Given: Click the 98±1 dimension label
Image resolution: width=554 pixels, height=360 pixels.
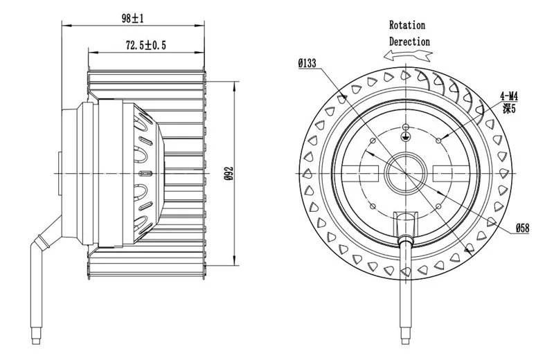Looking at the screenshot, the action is point(132,19).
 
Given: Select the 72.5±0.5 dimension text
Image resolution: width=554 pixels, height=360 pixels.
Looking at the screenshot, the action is point(145,45).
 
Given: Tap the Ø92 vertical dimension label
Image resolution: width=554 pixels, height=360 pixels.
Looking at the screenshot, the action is point(229,174).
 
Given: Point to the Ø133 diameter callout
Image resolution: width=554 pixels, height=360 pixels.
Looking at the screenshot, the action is point(307,63).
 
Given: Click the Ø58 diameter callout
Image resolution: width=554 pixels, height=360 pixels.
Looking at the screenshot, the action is point(522,228).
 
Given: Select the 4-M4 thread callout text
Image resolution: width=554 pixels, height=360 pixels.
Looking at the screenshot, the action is point(509,96).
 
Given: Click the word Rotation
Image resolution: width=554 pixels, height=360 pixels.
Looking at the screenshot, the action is point(407,25).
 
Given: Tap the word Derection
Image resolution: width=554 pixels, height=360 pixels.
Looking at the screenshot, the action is point(409,42).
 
